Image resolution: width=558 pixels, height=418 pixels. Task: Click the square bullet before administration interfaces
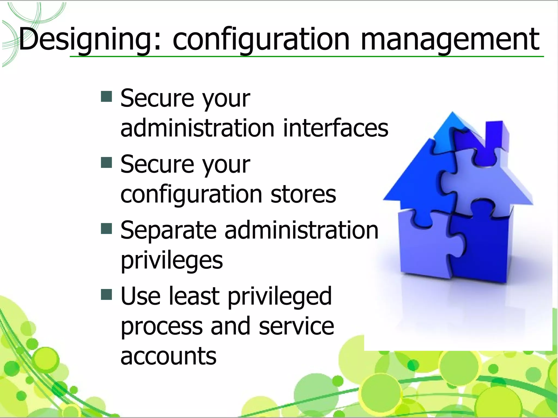tap(107, 96)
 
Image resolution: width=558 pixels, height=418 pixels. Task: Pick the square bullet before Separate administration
tap(107, 229)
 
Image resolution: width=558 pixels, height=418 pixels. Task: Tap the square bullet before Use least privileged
tap(107, 294)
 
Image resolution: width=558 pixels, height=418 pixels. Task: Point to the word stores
tap(303, 194)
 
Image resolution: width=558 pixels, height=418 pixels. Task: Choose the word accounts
tap(168, 356)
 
